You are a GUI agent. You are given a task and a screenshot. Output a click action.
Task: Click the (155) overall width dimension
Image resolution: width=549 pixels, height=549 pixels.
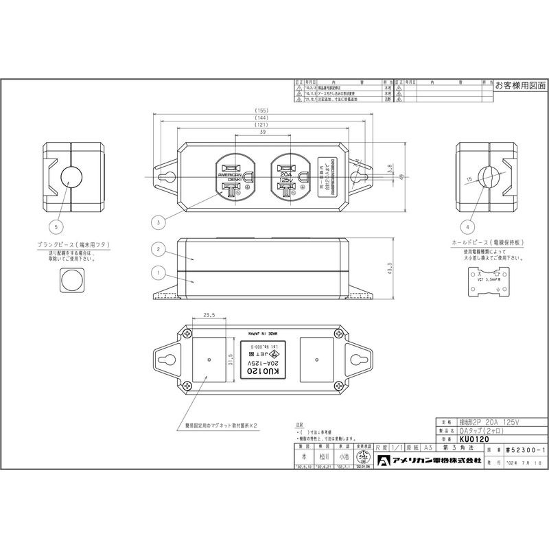[x=260, y=110]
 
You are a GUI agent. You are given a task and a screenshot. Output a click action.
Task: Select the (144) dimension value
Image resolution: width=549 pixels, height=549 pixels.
[x=260, y=118]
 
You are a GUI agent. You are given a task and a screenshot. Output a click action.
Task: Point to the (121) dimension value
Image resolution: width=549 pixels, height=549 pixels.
[x=260, y=126]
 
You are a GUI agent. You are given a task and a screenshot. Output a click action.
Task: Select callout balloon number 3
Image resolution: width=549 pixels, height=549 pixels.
[x=159, y=222]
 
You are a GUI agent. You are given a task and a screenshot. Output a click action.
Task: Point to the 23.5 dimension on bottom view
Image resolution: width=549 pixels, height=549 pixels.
[x=210, y=317]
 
